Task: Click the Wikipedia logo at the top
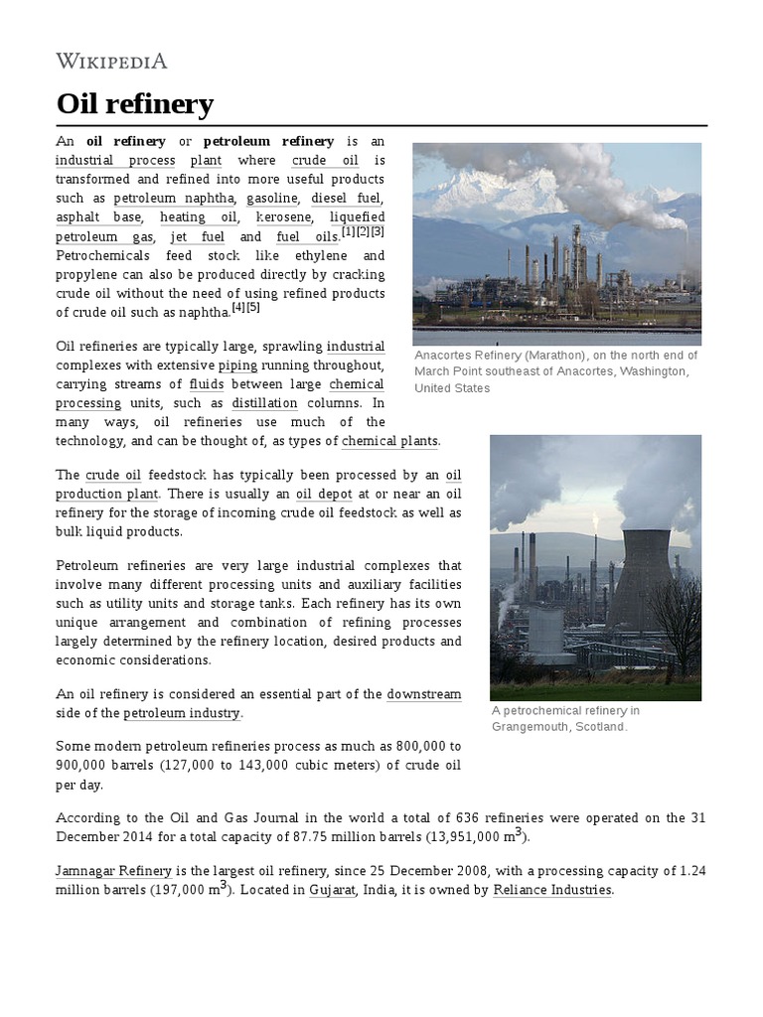111,62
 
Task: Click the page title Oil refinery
134,103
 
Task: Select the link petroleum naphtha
174,199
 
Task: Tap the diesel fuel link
347,199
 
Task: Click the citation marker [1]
348,232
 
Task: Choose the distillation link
264,403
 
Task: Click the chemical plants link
389,441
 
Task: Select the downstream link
423,694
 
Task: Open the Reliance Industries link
552,890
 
